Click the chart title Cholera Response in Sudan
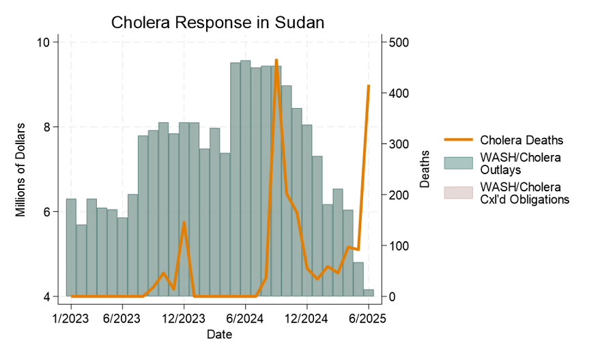coord(218,23)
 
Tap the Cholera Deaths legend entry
coord(522,140)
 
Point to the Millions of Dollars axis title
coord(21,169)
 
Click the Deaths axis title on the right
coord(425,169)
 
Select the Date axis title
coord(219,334)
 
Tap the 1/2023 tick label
coord(71,318)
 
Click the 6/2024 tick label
coord(245,318)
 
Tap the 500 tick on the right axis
coord(399,42)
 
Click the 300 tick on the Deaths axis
coord(399,144)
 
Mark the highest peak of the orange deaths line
coord(276,60)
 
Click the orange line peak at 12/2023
coord(184,222)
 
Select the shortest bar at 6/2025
coord(369,293)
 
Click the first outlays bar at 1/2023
coord(71,247)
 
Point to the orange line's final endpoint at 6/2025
coord(369,85)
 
